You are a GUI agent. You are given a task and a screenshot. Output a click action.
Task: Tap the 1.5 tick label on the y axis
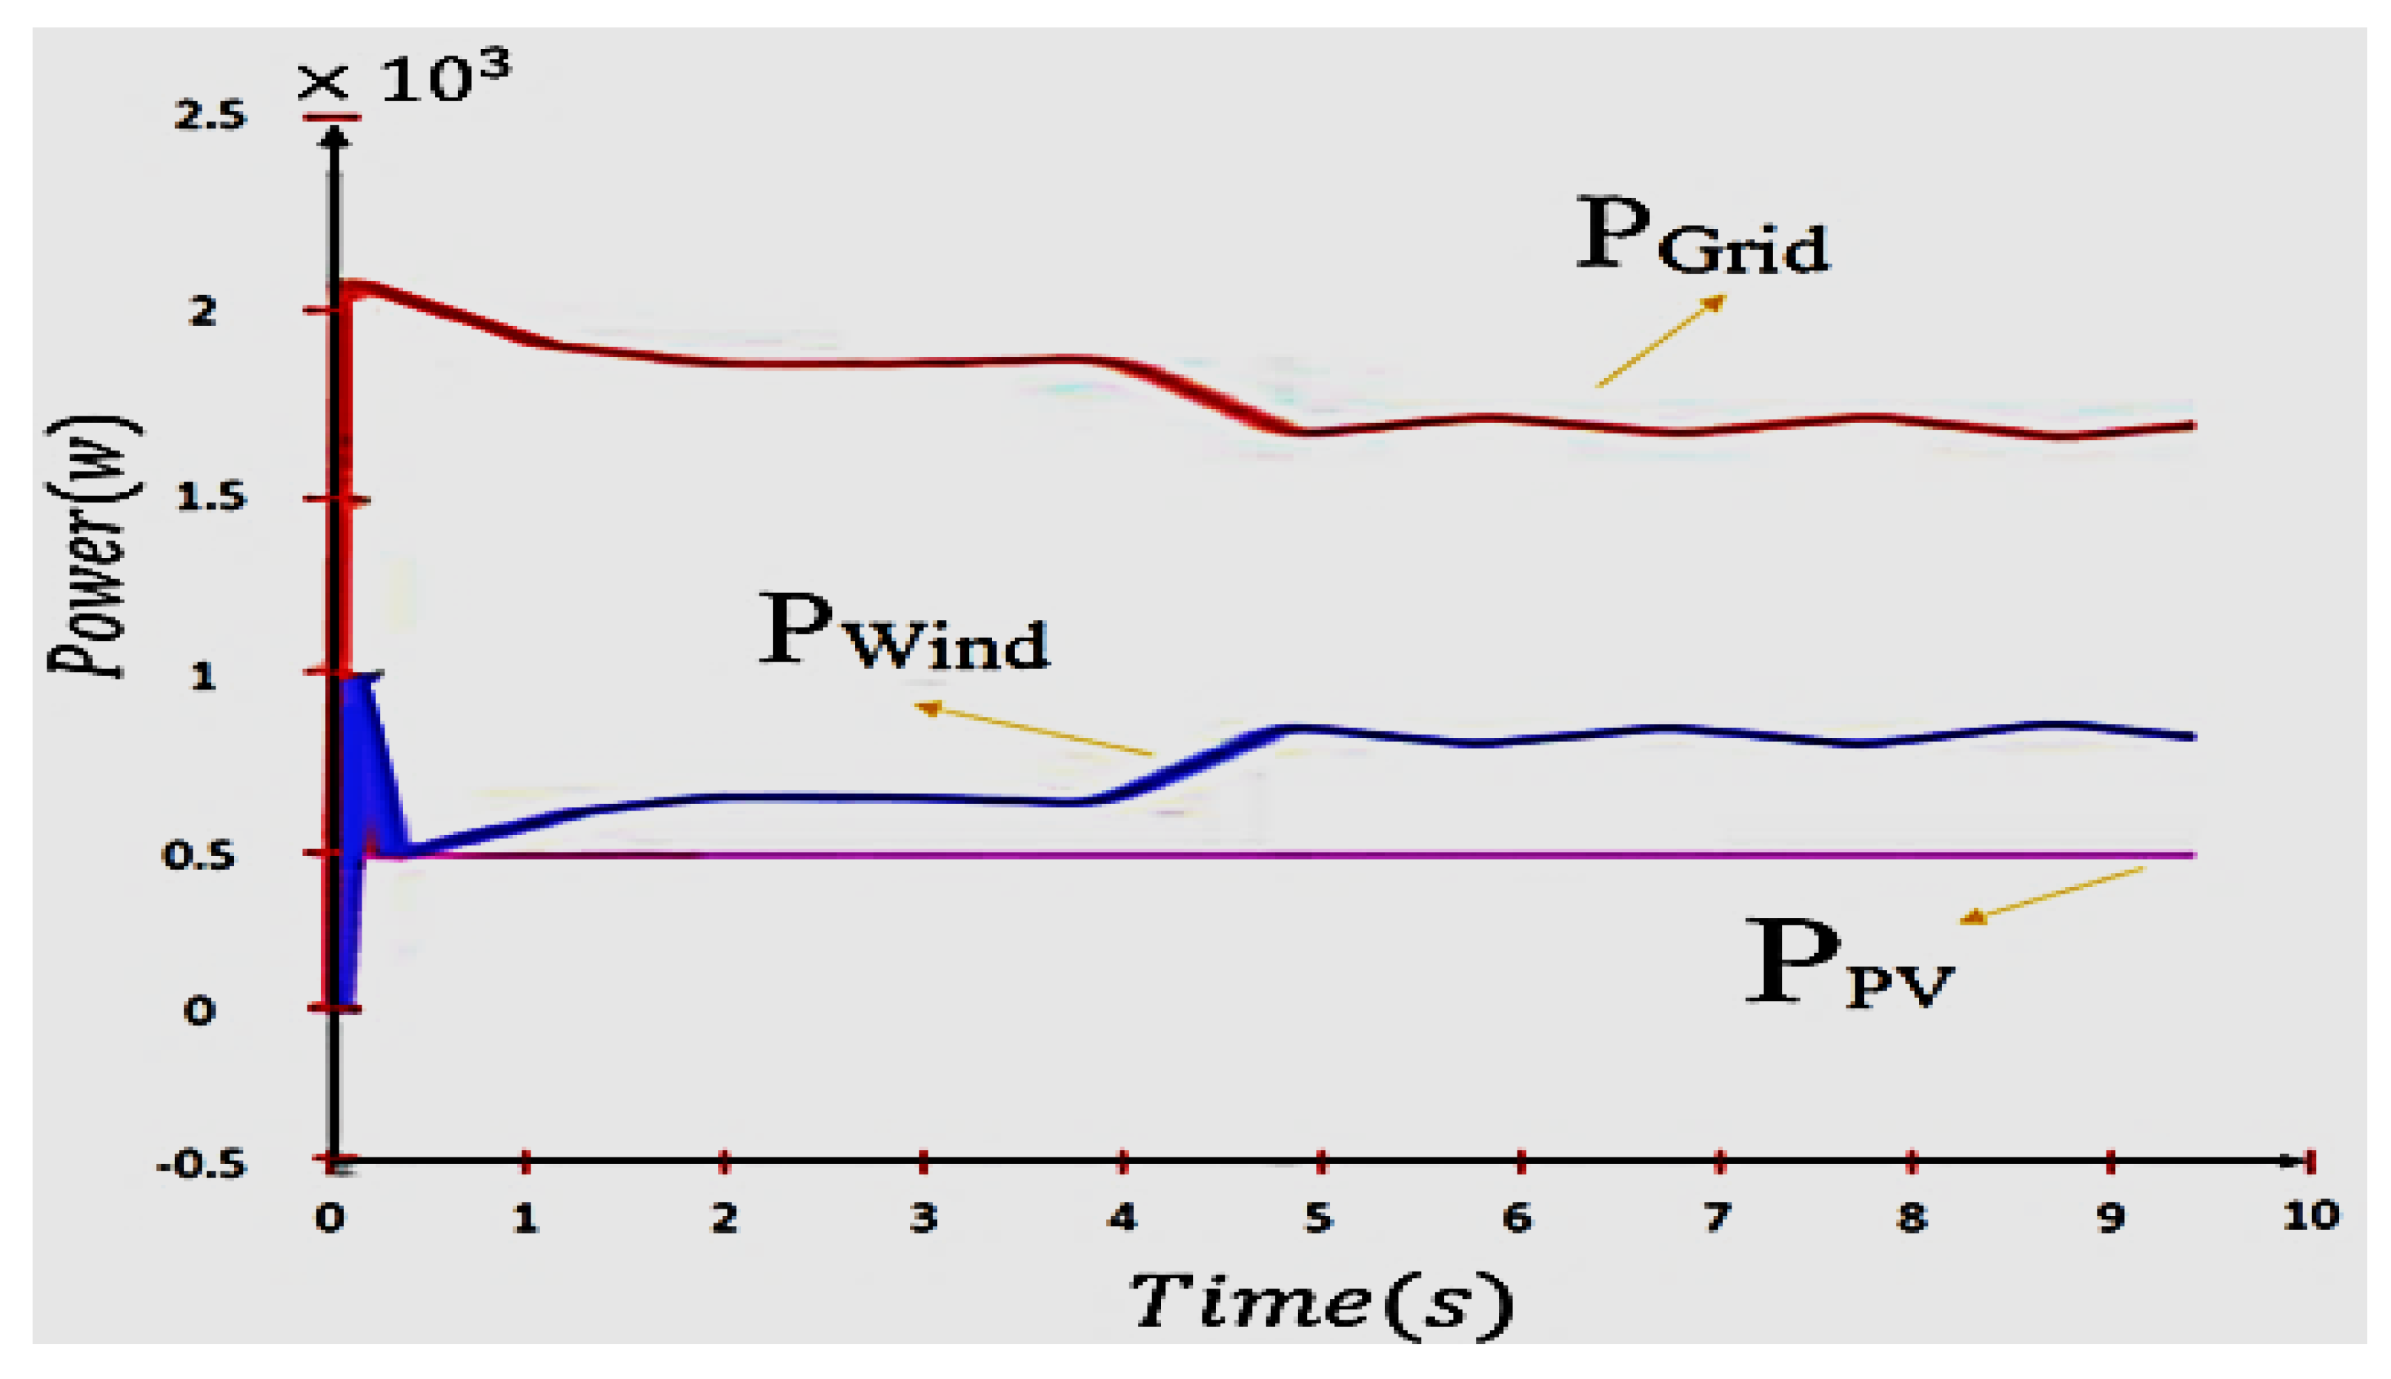[x=210, y=497]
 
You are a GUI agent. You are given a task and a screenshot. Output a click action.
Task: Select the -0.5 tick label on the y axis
[x=201, y=1164]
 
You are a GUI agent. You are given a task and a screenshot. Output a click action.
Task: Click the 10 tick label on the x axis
[x=2310, y=1215]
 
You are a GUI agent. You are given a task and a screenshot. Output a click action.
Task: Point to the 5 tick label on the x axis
[x=1318, y=1217]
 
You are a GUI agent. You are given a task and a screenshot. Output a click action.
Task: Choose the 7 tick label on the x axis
[x=1717, y=1217]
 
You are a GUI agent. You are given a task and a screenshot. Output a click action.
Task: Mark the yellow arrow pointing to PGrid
[x=1660, y=341]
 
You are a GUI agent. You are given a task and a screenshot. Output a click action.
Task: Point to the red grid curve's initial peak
[x=358, y=286]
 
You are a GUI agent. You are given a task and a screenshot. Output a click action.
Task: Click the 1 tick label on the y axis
[x=202, y=677]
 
